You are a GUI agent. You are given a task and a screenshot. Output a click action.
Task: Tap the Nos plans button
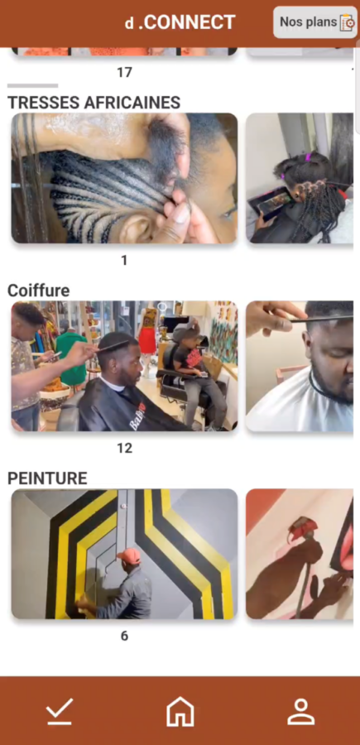click(314, 22)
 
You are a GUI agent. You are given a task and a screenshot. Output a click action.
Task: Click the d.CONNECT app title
click(180, 22)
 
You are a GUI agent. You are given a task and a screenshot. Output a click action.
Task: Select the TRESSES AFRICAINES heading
click(94, 102)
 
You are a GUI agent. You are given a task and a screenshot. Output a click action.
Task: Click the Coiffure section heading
click(38, 291)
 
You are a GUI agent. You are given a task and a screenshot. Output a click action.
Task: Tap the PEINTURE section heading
click(47, 478)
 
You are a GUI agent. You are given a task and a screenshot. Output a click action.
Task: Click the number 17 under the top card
click(124, 72)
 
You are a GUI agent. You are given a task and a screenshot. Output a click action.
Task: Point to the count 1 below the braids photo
click(124, 260)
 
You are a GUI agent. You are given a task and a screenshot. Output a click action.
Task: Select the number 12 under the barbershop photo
click(124, 448)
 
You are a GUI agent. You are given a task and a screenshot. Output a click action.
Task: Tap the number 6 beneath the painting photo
click(124, 636)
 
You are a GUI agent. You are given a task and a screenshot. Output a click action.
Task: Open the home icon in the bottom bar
click(180, 711)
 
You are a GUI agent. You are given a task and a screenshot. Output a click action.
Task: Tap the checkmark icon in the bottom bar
click(60, 711)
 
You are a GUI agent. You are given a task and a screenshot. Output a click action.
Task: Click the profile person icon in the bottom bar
click(301, 711)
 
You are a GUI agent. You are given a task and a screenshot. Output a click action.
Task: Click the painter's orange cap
click(130, 555)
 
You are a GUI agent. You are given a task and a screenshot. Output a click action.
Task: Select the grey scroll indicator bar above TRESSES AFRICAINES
click(33, 86)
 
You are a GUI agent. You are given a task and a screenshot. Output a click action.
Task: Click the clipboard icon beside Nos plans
click(348, 23)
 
